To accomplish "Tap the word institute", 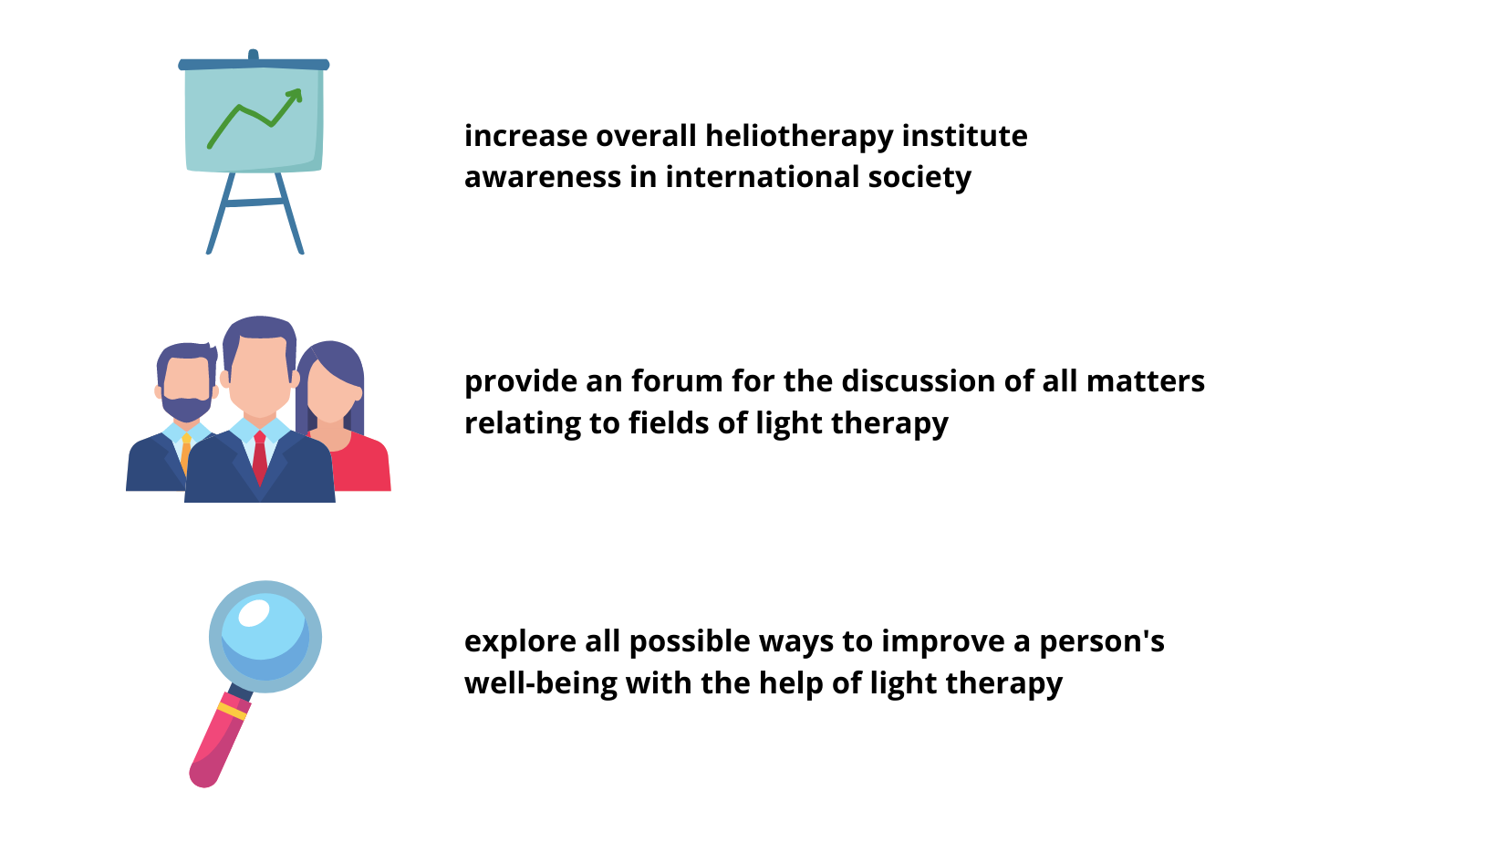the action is coord(965,136).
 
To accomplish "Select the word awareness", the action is coord(542,178).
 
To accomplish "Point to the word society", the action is coord(919,179).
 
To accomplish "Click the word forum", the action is coord(677,381).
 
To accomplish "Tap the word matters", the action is coord(1146,382).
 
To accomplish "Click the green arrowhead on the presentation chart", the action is coord(296,96).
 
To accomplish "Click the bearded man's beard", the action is coord(186,408).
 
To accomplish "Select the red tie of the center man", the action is coord(260,458).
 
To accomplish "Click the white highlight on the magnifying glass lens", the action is coord(254,613).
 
